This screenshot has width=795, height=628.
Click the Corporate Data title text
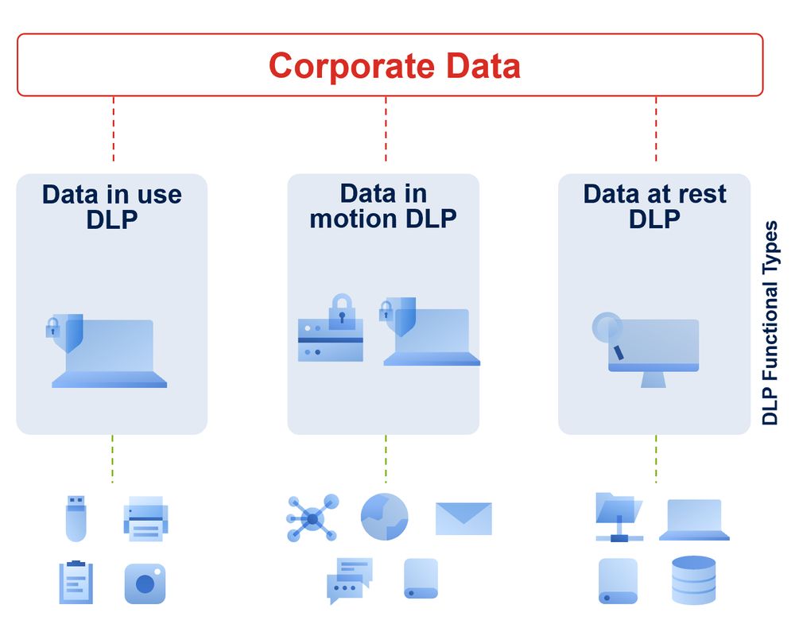click(394, 65)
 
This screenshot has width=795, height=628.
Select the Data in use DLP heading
click(112, 207)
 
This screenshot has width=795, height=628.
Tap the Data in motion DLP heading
click(383, 206)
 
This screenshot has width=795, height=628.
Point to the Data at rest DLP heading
click(654, 206)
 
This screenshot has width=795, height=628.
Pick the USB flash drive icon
click(76, 518)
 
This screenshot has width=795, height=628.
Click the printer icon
click(145, 520)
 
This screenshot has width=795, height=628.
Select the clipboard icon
click(76, 582)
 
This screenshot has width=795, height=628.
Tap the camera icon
click(145, 583)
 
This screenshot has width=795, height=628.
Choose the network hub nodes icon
click(312, 518)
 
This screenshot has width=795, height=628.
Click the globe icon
click(384, 518)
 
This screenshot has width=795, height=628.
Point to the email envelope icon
click(463, 518)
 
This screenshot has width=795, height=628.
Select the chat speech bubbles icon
click(349, 580)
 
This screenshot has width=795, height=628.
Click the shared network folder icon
click(619, 517)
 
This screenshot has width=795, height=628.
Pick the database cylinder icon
click(693, 580)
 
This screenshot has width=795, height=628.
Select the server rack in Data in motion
click(331, 340)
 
